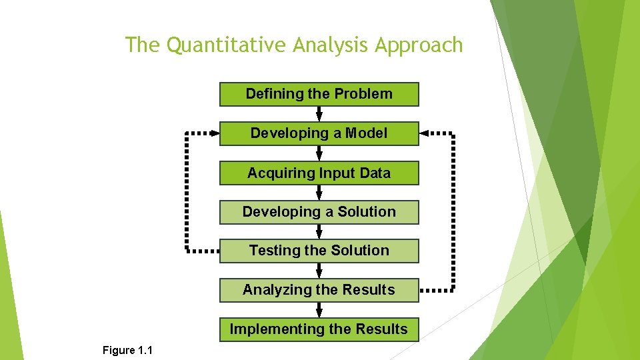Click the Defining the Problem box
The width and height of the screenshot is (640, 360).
(319, 94)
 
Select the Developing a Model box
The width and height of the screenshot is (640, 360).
(319, 133)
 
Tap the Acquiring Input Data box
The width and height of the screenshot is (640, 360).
(319, 173)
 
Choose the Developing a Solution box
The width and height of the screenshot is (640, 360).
(319, 212)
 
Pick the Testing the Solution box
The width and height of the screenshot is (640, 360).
(319, 251)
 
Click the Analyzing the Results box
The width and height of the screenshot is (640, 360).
(319, 290)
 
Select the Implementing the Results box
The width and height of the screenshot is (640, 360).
(319, 329)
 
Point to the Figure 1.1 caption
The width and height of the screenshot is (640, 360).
(127, 350)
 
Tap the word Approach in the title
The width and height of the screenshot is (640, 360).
(419, 45)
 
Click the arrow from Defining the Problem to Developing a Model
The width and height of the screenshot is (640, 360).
(319, 114)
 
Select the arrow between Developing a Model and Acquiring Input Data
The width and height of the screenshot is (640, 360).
(319, 153)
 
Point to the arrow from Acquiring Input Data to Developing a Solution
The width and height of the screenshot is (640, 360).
(319, 193)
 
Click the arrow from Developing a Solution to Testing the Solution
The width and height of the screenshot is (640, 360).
(319, 231)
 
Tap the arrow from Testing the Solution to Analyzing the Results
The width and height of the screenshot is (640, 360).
(319, 271)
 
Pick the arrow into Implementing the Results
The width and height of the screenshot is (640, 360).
(319, 310)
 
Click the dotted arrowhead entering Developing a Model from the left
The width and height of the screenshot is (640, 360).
(214, 133)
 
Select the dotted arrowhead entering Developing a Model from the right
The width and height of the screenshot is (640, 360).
(425, 133)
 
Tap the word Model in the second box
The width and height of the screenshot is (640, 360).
(366, 133)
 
